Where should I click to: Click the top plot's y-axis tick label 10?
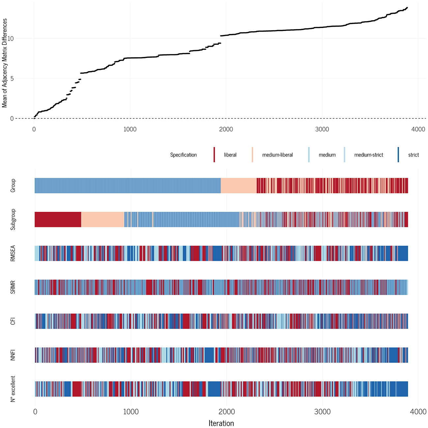10,39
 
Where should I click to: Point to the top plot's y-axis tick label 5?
12,79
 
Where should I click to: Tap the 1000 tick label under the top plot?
130,129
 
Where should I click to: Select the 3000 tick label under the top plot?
322,129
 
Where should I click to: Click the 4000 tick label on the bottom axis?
418,412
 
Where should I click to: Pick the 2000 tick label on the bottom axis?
227,412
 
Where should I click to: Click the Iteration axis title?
221,423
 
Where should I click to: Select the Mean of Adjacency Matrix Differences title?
4,63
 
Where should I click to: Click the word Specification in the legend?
184,155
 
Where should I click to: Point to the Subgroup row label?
13,219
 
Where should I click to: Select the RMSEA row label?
13,253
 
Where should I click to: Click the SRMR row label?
13,287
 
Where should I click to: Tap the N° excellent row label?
13,389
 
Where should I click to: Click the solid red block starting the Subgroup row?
58,219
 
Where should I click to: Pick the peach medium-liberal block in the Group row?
239,185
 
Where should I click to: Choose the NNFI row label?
13,355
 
